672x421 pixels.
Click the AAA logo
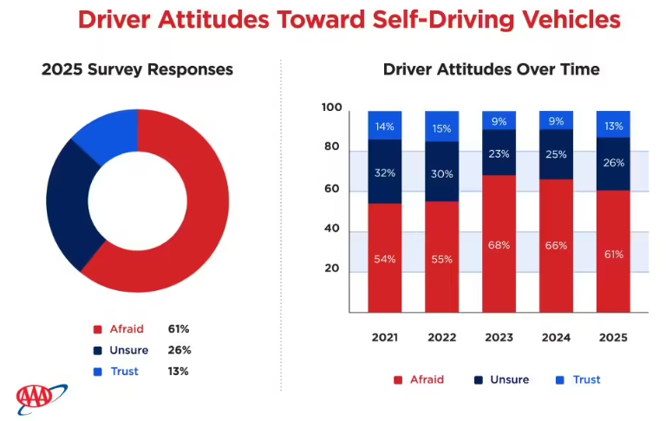pyautogui.click(x=41, y=397)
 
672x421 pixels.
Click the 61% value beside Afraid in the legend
pyautogui.click(x=179, y=329)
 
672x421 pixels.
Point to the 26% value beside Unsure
pyautogui.click(x=179, y=350)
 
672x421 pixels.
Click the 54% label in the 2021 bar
pyautogui.click(x=384, y=259)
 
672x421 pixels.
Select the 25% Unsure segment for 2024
pyautogui.click(x=556, y=154)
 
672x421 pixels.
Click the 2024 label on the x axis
pyautogui.click(x=556, y=337)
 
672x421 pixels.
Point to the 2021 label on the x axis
pyautogui.click(x=384, y=337)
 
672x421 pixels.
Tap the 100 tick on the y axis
pyautogui.click(x=331, y=107)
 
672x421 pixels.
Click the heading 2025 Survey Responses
pyautogui.click(x=137, y=69)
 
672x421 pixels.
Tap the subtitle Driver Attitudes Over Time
pyautogui.click(x=492, y=69)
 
